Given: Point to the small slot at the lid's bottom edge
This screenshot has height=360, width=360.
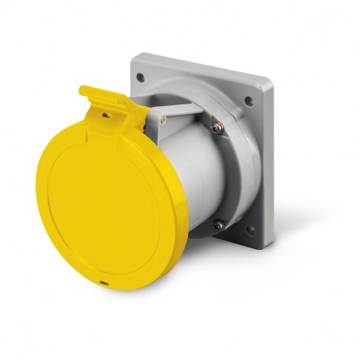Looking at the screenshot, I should point(104,281).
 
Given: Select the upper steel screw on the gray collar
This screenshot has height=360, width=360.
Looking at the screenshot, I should point(217,127).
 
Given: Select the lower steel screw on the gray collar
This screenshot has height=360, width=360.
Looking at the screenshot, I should point(219,225).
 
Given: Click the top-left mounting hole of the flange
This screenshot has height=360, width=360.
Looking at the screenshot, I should point(141,77).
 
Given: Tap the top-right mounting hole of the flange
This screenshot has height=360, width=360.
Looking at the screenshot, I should point(248,101).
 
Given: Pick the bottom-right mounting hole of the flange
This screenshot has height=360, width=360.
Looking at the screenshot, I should point(249,230).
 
